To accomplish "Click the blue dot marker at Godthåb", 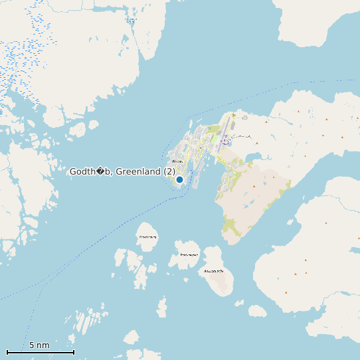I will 179,179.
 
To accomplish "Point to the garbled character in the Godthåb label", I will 102,171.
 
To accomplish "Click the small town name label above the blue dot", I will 177,161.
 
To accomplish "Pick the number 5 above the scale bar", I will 32,345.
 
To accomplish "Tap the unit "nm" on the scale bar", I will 43,345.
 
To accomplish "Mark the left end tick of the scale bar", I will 7,351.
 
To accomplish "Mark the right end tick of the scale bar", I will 74,351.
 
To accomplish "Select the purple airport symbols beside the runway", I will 226,140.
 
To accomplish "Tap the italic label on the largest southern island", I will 215,271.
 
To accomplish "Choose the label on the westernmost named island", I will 147,236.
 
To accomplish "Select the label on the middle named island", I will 189,254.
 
